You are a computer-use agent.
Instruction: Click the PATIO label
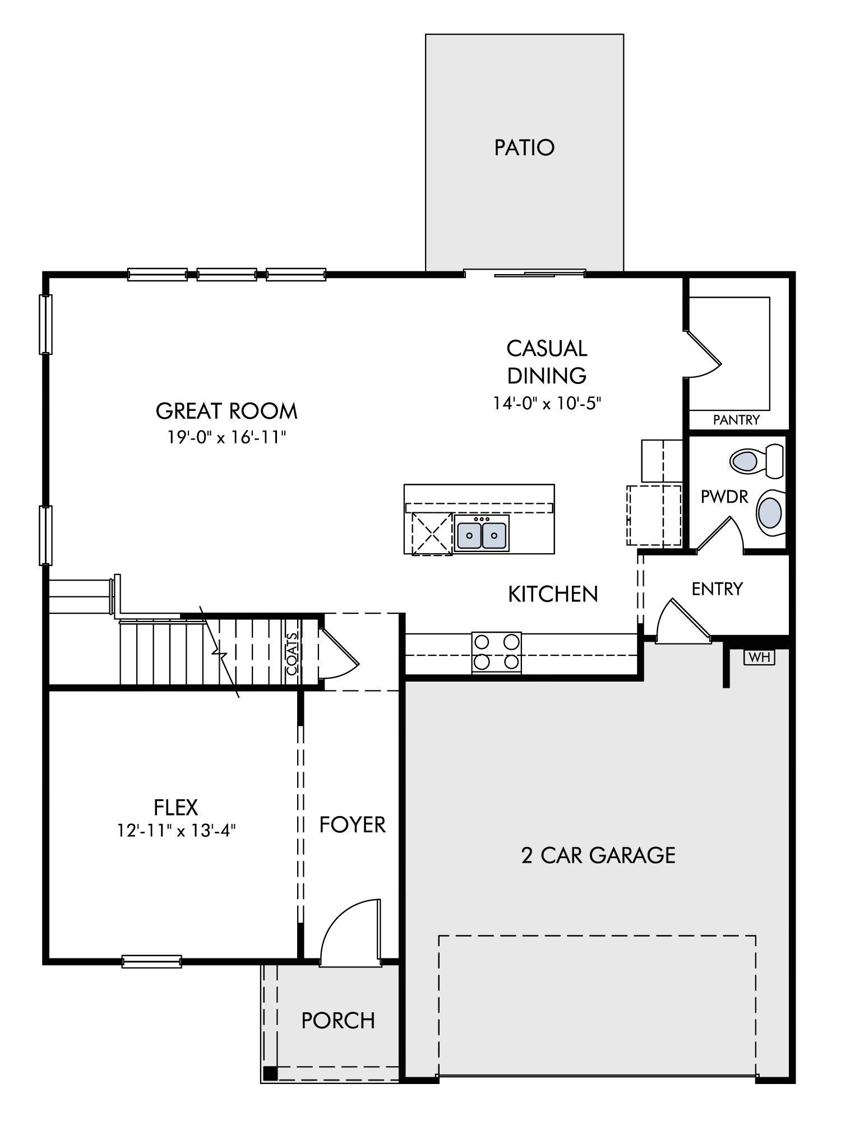click(524, 147)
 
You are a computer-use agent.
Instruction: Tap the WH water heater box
click(759, 657)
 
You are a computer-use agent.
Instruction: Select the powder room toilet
click(757, 461)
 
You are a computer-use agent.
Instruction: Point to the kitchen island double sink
click(482, 535)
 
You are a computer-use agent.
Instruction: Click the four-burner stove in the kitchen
click(496, 652)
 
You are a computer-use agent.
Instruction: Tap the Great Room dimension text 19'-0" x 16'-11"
click(227, 437)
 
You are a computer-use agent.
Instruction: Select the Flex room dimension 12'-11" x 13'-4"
click(176, 830)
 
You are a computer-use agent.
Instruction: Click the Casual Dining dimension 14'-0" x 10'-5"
click(547, 403)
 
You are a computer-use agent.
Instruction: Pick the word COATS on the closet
click(292, 654)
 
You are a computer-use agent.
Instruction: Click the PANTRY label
click(736, 419)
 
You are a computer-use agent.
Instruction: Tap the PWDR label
click(724, 497)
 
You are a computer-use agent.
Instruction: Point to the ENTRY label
click(717, 589)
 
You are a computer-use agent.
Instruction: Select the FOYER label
click(353, 825)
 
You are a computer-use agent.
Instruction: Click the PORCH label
click(338, 1021)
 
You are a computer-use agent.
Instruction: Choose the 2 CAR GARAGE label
click(598, 855)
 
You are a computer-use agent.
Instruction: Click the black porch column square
click(270, 1073)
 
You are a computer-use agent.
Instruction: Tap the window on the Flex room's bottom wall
click(152, 961)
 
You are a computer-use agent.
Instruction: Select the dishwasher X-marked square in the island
click(432, 534)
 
